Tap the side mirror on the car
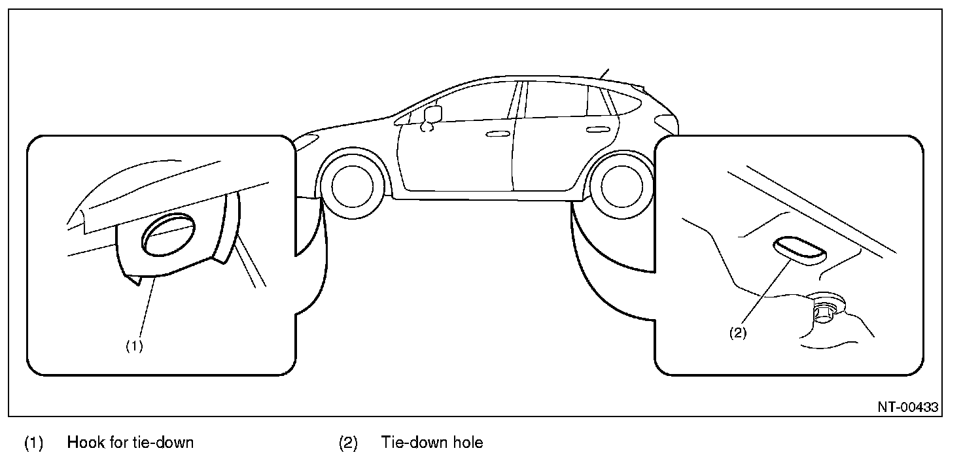click(x=432, y=114)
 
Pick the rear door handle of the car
click(x=596, y=130)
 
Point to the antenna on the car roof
click(x=603, y=73)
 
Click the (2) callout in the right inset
click(x=737, y=332)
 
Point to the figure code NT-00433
click(x=907, y=407)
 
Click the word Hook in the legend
click(x=82, y=443)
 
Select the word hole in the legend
click(x=469, y=443)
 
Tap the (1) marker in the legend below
click(x=33, y=443)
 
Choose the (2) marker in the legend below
click(x=347, y=443)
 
